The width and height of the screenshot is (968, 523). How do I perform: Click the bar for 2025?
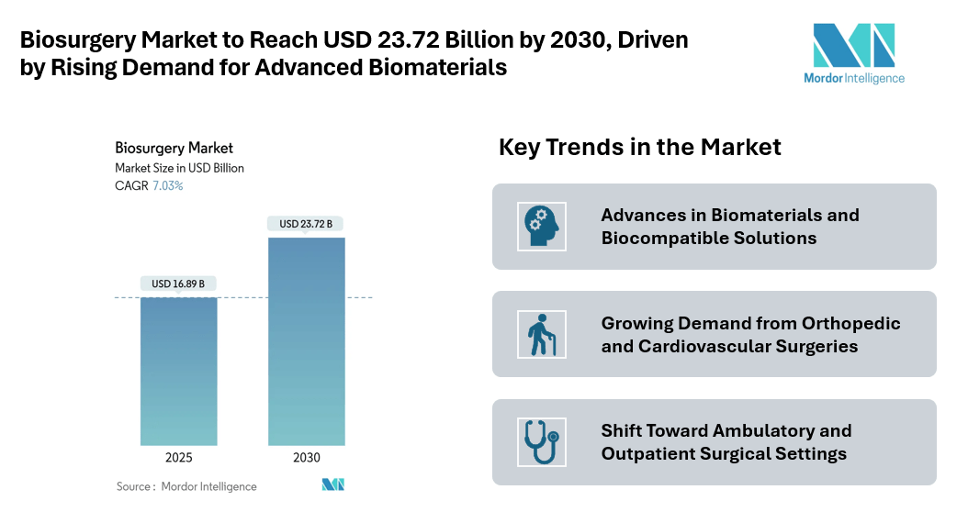[x=178, y=372]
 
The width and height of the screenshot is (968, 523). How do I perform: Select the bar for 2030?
[x=307, y=341]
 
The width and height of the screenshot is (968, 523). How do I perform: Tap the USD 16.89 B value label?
[x=178, y=284]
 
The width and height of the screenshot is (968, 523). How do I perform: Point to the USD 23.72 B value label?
[x=307, y=224]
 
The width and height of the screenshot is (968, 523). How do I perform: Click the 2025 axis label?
[x=178, y=458]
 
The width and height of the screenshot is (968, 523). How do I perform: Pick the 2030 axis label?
[x=307, y=458]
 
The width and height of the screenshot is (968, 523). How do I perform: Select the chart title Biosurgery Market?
[x=174, y=148]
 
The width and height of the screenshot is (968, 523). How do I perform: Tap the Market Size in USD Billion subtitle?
[x=179, y=168]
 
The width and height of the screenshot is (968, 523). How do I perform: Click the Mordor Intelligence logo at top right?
[x=853, y=53]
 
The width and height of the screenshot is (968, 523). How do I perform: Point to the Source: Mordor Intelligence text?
[x=186, y=486]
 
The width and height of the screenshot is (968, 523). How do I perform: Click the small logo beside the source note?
[x=332, y=484]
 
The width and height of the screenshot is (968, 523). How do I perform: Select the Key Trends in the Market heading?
[x=639, y=147]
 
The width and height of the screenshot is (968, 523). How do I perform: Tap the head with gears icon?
[x=542, y=226]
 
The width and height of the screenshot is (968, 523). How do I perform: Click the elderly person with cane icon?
[x=542, y=334]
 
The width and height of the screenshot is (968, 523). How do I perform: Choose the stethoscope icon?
[x=542, y=442]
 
